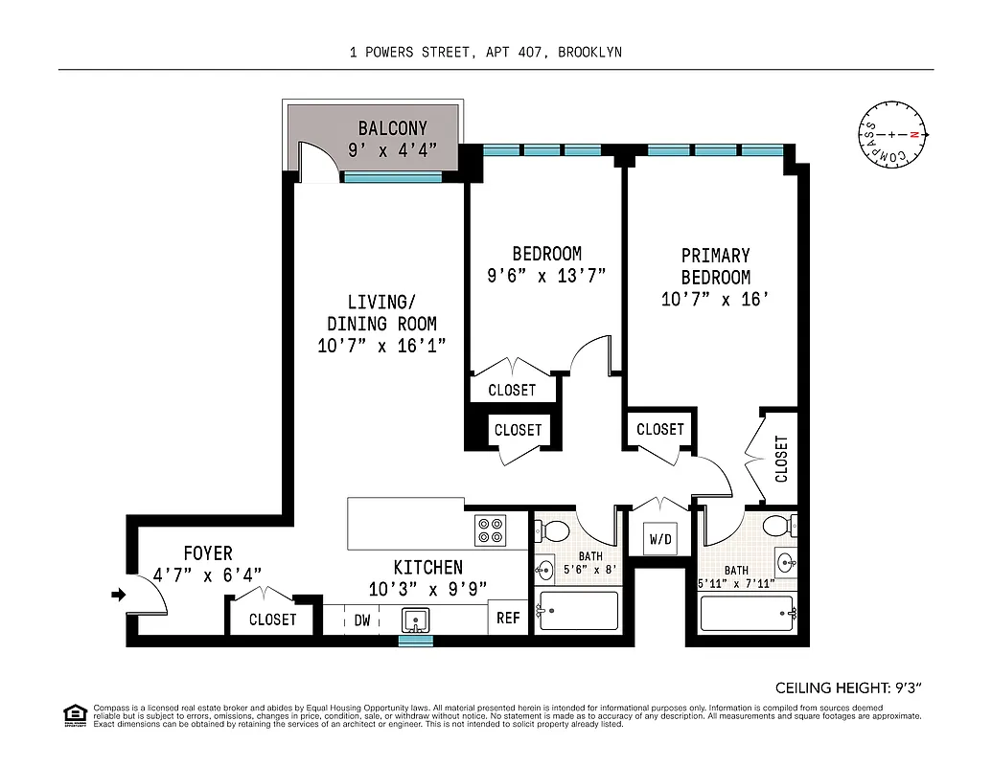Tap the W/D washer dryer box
(x=660, y=539)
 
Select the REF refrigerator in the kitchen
(x=508, y=618)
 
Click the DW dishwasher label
(x=362, y=620)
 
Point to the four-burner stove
(x=490, y=530)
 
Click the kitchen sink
(x=416, y=620)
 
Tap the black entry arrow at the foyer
(x=118, y=595)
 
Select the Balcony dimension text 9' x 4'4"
(x=392, y=149)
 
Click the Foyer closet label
(x=272, y=620)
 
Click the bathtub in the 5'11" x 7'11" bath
(x=747, y=613)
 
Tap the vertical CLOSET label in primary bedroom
(x=781, y=459)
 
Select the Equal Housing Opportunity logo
(x=74, y=714)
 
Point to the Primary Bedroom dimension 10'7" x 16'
(x=715, y=300)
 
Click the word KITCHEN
(x=427, y=568)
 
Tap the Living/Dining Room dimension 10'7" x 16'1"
(x=381, y=346)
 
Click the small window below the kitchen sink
(x=416, y=641)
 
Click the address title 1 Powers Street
(x=485, y=52)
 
